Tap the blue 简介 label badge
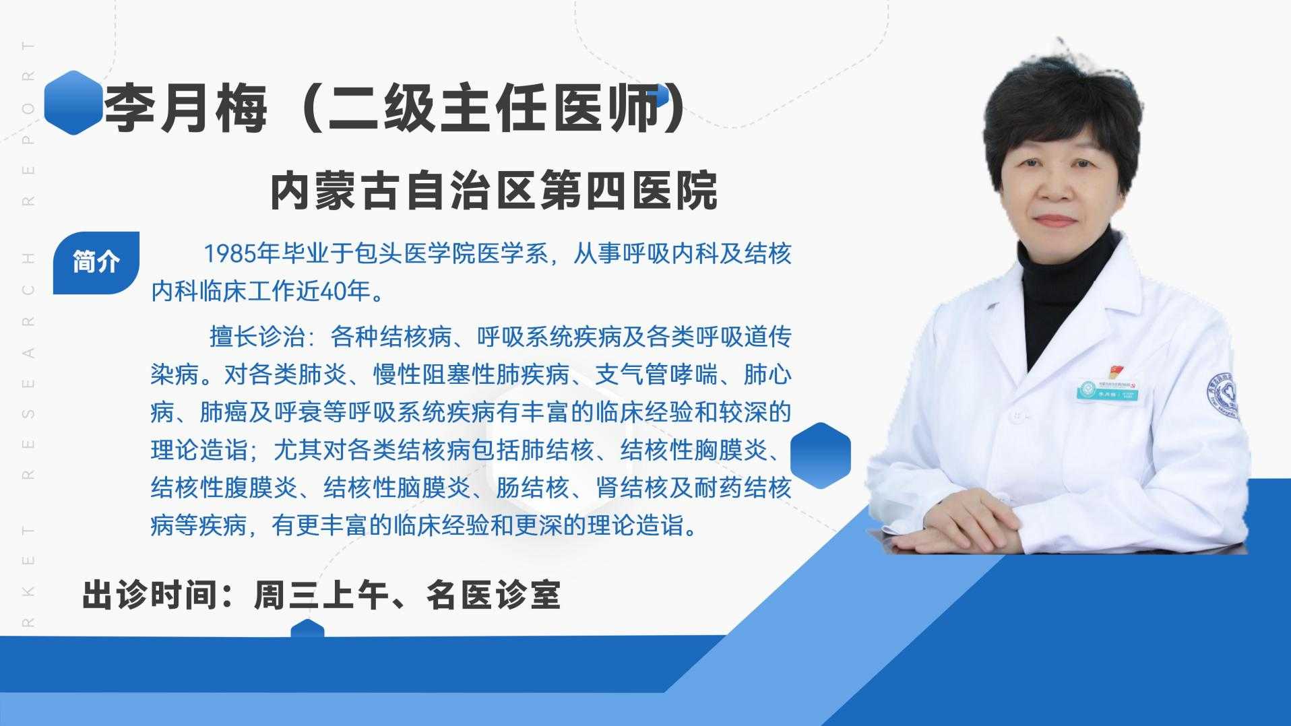[x=96, y=262]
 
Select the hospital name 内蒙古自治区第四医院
[x=494, y=192]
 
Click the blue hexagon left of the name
[x=73, y=102]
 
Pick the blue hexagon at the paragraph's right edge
[x=820, y=455]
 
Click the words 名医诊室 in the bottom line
[x=493, y=595]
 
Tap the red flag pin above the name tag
[x=1118, y=371]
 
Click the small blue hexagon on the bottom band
[x=307, y=628]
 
